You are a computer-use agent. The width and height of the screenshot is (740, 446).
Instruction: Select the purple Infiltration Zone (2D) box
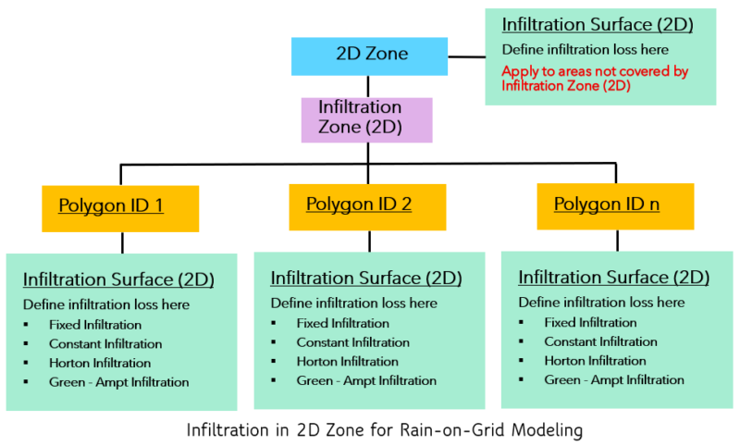click(x=367, y=118)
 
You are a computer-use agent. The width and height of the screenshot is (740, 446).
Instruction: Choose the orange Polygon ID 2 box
click(x=367, y=205)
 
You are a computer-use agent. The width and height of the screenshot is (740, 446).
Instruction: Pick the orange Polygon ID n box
click(x=614, y=205)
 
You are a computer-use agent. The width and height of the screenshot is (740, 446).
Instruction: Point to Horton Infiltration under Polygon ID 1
click(x=101, y=363)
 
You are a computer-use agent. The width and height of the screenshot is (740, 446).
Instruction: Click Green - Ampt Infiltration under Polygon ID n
click(x=614, y=379)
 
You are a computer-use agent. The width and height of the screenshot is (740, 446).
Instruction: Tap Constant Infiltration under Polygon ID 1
click(x=106, y=344)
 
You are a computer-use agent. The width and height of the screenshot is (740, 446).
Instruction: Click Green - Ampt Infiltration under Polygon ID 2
click(x=366, y=380)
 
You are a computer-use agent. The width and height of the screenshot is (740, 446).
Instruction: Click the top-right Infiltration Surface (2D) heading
click(x=598, y=25)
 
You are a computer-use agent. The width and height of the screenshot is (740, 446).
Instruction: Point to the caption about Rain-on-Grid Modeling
click(x=385, y=430)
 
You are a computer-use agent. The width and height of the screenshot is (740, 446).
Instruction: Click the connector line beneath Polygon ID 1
click(x=121, y=242)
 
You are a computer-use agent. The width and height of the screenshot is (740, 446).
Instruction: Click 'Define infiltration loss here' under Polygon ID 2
click(x=353, y=303)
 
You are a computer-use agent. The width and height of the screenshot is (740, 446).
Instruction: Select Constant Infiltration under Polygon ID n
click(x=600, y=341)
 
